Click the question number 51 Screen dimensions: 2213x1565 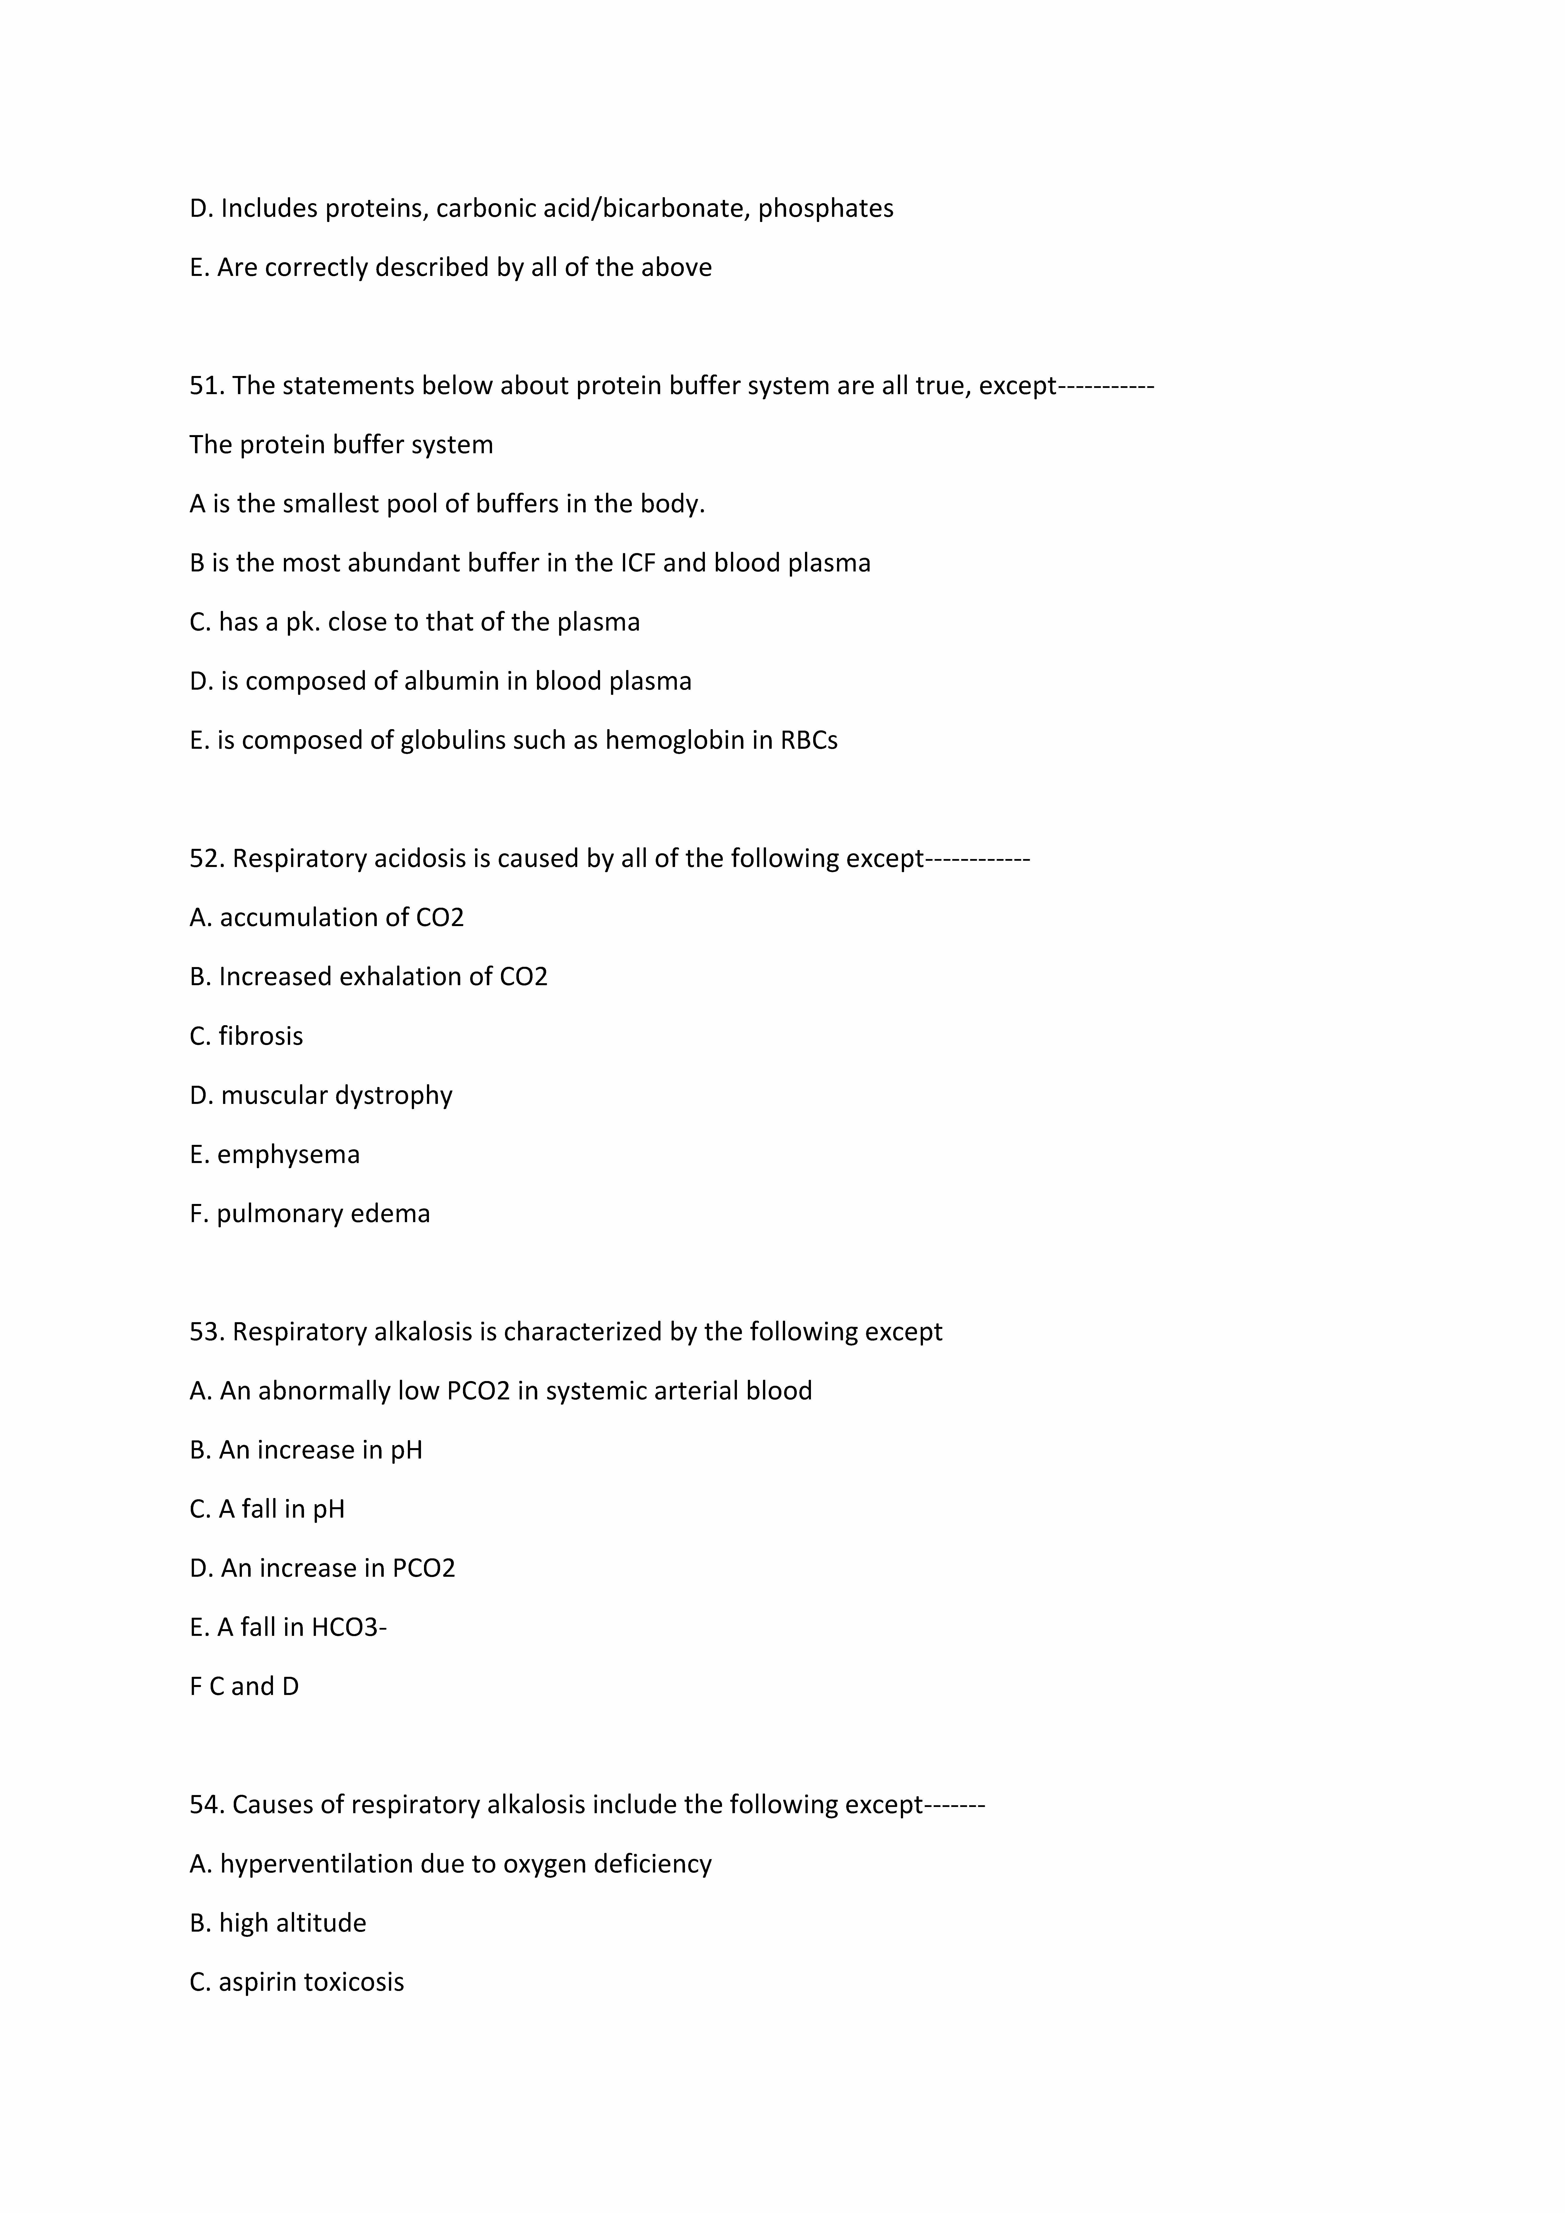point(206,385)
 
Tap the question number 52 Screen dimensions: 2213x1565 point(206,858)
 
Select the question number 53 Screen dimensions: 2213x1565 point(206,1331)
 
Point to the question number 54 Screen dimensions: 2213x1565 point(206,1804)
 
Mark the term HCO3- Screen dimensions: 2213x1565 point(349,1627)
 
